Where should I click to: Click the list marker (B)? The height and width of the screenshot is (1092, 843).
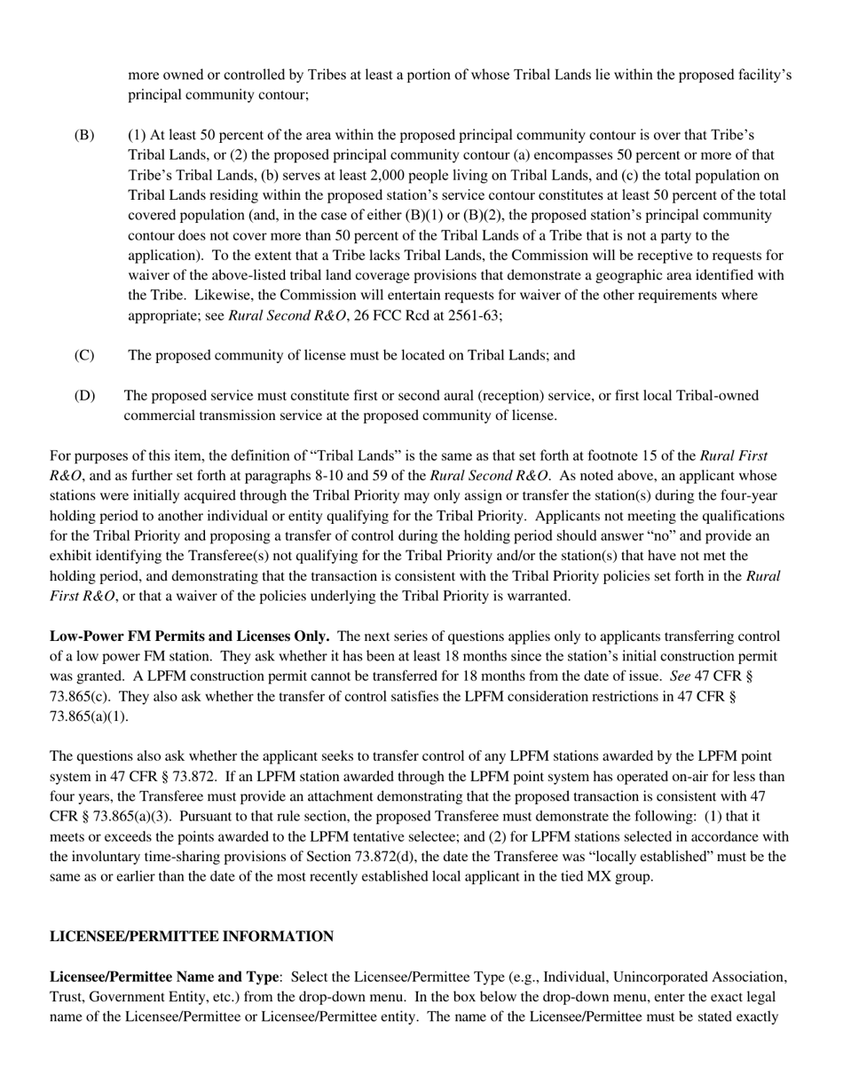coord(83,135)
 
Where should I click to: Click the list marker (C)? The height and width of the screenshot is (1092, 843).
coord(83,355)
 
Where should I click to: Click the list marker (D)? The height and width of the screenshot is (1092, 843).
coord(83,395)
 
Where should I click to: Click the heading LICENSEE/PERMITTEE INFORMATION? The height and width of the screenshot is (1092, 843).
coord(192,937)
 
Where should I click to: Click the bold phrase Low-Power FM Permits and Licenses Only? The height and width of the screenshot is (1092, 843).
coord(190,637)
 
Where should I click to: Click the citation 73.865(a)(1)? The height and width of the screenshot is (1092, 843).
coord(89,716)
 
